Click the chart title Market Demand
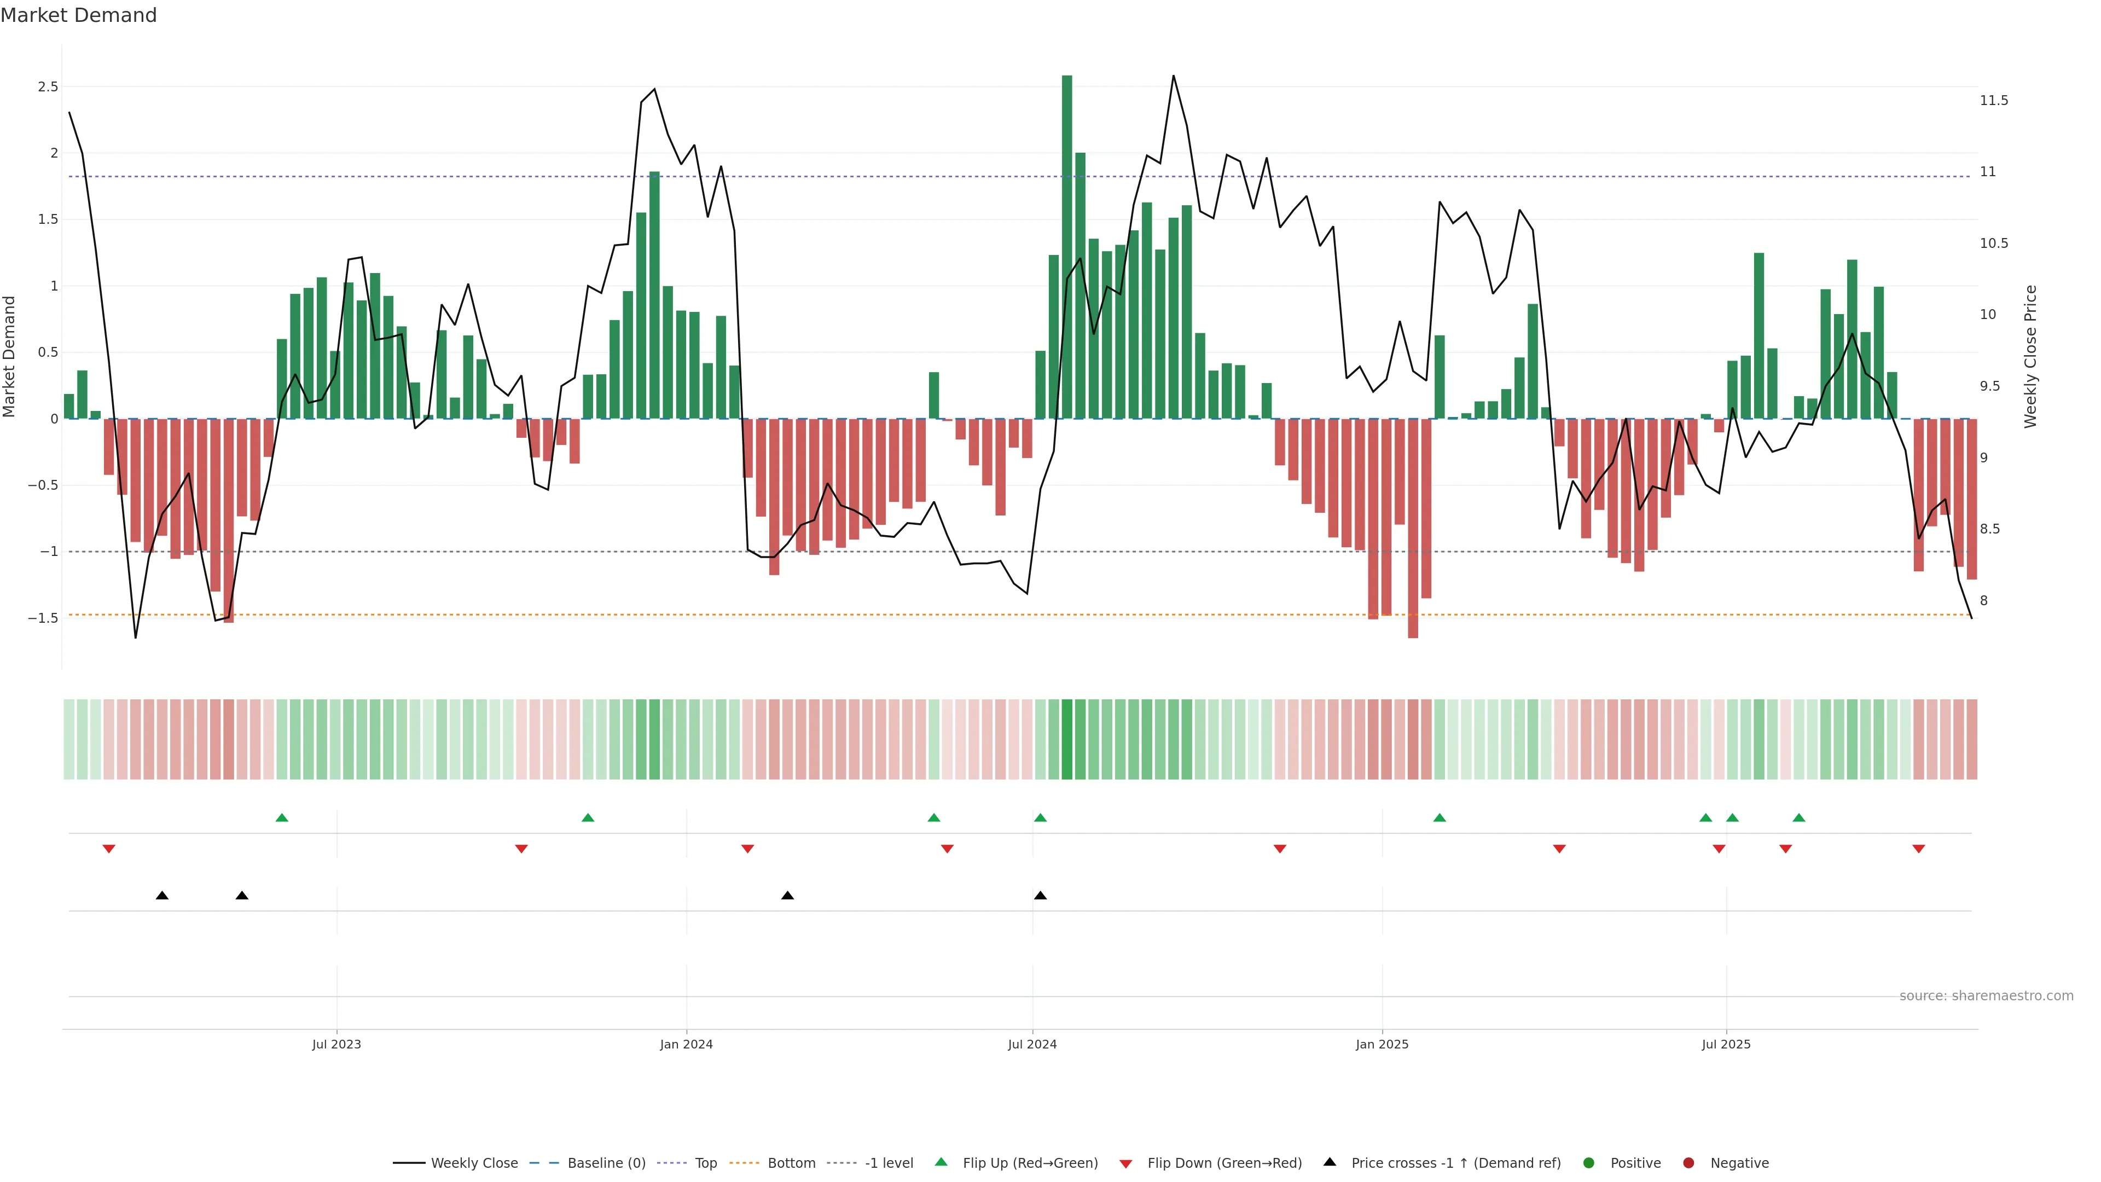pos(78,15)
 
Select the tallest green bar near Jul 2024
pos(1067,245)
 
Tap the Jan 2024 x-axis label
pos(686,1044)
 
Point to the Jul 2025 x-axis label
pos(1726,1044)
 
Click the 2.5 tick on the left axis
pos(48,86)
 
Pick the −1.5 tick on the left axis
pos(43,618)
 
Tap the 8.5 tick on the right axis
pos(1990,529)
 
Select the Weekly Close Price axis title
pos(2030,356)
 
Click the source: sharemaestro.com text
pos(1986,996)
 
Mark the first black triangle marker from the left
pos(162,896)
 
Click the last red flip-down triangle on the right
pos(1918,849)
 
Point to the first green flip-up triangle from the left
pos(282,818)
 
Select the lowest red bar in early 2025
pos(1413,530)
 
